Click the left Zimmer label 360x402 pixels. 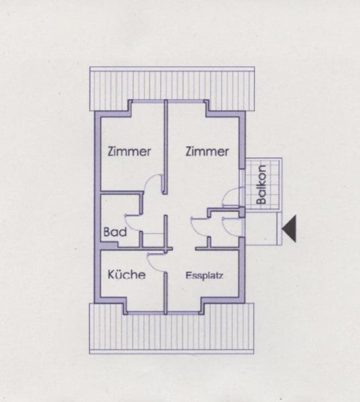(129, 152)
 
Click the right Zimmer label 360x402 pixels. (207, 152)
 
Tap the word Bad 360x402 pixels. (115, 232)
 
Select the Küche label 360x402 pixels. (126, 275)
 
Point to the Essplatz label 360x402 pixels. (205, 276)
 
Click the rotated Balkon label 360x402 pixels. (262, 184)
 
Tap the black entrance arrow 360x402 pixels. (289, 229)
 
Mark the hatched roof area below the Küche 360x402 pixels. (172, 332)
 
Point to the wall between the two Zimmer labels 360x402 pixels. (165, 146)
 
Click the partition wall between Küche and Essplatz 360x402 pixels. (165, 292)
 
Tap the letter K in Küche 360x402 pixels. (111, 275)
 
